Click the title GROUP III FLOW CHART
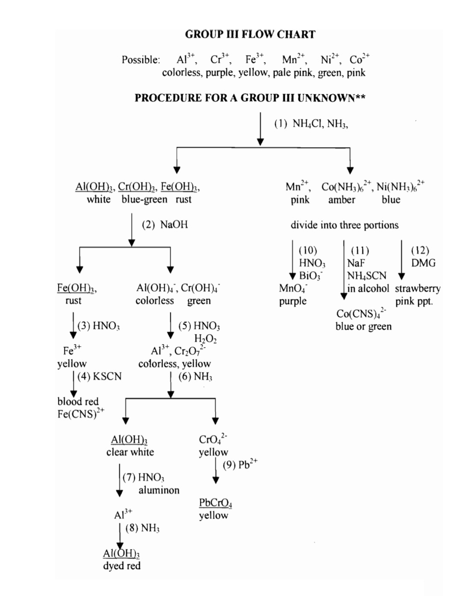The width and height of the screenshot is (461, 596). (x=250, y=34)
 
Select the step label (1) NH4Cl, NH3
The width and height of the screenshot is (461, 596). (x=311, y=124)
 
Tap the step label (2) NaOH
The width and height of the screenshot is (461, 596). (x=165, y=224)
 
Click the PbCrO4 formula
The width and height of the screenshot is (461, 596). (x=215, y=502)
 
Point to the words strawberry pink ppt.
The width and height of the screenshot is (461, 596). (x=417, y=294)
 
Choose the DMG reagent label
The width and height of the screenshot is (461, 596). (x=423, y=263)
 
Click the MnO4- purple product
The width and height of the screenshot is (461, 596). (x=293, y=294)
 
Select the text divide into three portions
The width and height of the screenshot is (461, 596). (x=344, y=225)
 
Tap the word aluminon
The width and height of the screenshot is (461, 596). (x=159, y=490)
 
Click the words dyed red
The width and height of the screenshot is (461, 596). (x=122, y=566)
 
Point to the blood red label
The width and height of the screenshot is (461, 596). (x=78, y=401)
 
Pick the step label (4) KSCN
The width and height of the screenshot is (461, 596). (x=99, y=376)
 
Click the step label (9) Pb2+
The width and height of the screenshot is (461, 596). (x=240, y=464)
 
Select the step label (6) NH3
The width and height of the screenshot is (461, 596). (x=195, y=376)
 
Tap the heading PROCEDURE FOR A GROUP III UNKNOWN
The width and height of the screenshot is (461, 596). (x=250, y=98)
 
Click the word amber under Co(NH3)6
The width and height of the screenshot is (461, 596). (x=342, y=200)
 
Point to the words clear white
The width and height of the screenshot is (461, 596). (x=130, y=452)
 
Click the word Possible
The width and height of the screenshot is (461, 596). (x=141, y=60)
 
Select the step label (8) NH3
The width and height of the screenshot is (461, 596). (x=142, y=528)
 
